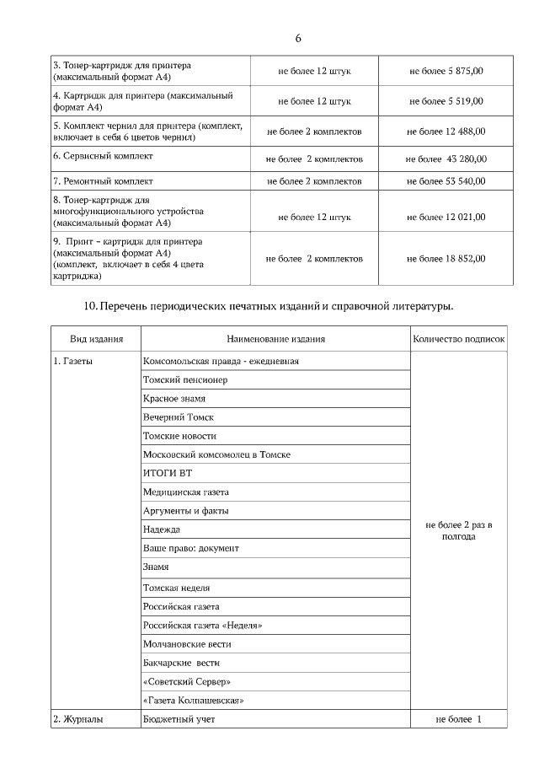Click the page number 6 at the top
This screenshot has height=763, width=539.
coord(298,39)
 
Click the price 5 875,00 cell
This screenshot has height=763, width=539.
coord(446,71)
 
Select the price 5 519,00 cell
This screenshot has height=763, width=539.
coord(446,101)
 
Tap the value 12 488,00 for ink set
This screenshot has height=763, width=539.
coord(446,132)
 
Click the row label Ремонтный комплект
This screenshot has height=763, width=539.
coord(103,181)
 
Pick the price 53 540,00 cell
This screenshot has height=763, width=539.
coord(446,181)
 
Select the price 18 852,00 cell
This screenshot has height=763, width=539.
coord(446,258)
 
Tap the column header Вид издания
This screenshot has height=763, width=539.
coord(96,339)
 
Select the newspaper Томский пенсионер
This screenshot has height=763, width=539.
coord(185,379)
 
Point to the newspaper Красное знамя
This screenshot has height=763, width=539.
coord(174,398)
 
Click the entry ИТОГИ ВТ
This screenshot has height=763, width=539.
coord(168,473)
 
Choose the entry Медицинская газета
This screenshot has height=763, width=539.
coord(186,492)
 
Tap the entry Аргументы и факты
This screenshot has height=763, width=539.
coord(185,510)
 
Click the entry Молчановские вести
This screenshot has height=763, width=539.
coord(187,644)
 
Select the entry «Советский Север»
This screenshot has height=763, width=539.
coord(187,681)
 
